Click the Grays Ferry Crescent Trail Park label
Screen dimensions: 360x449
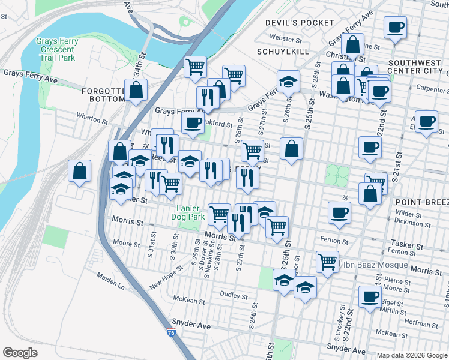coord(57,50)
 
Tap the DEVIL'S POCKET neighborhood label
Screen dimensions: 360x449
coord(300,23)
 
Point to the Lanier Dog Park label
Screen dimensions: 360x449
coord(192,213)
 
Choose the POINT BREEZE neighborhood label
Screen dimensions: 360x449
coord(422,203)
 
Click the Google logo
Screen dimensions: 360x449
coord(20,352)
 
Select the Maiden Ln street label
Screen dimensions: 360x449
coord(112,281)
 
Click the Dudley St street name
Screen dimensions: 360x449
coord(234,296)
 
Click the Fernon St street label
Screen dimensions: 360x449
coord(334,241)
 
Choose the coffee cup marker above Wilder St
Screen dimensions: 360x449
coord(340,212)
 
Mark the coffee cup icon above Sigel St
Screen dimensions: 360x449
coord(370,296)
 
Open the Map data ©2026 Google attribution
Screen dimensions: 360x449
coord(412,355)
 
